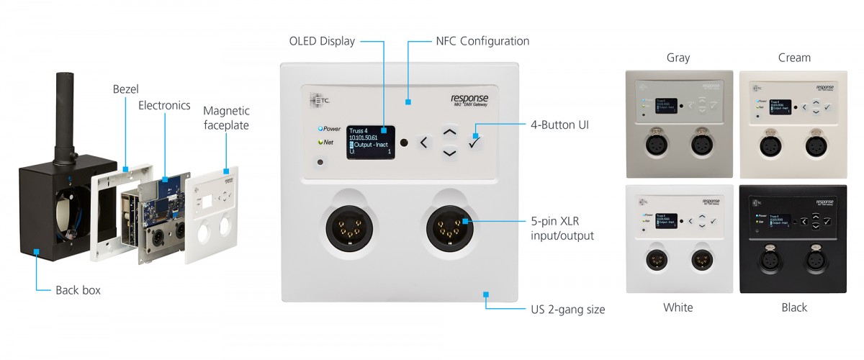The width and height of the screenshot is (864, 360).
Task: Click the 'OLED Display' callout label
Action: pos(322,41)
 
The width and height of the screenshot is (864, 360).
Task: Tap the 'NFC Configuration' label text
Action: pos(482,41)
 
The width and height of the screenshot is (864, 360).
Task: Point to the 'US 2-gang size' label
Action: pos(564,310)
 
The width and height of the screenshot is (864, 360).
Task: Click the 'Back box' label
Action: pos(78,290)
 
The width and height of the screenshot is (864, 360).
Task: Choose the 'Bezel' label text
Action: pos(126,89)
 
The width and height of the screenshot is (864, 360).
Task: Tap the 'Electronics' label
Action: pos(164,106)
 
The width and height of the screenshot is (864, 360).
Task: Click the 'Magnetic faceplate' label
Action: pos(226,117)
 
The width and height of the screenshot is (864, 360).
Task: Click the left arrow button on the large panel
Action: pos(423,143)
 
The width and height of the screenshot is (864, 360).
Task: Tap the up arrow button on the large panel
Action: pos(449,132)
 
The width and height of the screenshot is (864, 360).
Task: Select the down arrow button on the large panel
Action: pos(449,153)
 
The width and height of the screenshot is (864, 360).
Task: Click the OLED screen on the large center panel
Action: pos(372,142)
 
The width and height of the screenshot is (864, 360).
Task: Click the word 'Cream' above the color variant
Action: pos(794,58)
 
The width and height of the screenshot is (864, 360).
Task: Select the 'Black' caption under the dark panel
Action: pos(794,307)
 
